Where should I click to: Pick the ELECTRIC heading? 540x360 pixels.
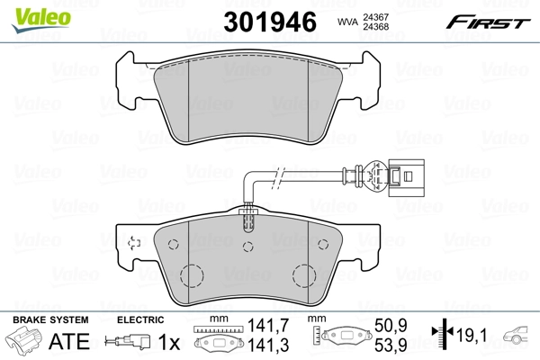point(140,320)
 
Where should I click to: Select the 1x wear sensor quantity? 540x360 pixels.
point(169,343)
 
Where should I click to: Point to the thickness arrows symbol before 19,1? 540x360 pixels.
point(442,336)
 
